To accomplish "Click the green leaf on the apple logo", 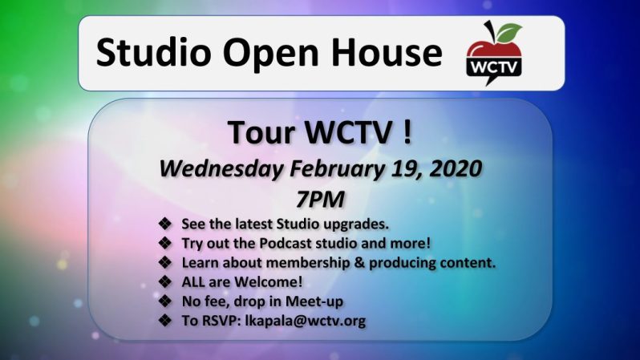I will (508, 32).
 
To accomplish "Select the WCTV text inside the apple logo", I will (494, 63).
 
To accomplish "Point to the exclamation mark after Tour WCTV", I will (407, 133).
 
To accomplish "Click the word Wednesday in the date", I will (219, 169).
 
